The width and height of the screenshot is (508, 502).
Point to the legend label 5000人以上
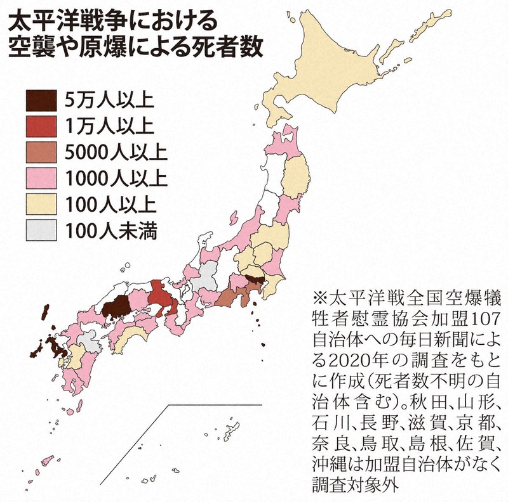coord(116,152)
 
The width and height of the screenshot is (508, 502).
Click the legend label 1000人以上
coord(116,179)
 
